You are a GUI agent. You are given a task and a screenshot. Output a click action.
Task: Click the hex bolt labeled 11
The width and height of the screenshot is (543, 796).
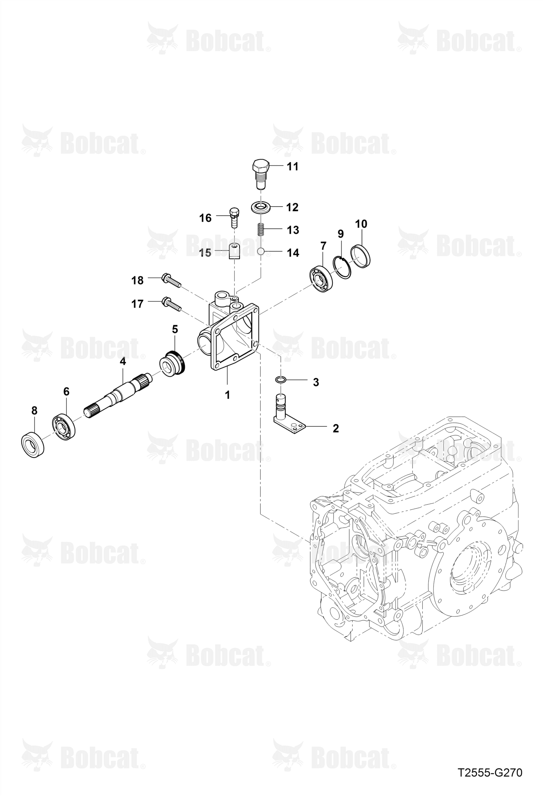(261, 174)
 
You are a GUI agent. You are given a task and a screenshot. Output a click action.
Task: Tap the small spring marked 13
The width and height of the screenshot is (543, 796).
(261, 229)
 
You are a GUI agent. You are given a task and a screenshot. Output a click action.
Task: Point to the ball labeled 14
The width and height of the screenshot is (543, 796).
(261, 251)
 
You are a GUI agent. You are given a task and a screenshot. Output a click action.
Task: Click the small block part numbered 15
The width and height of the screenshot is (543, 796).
(235, 252)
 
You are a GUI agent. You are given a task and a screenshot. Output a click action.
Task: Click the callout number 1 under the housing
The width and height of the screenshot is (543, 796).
(228, 395)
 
